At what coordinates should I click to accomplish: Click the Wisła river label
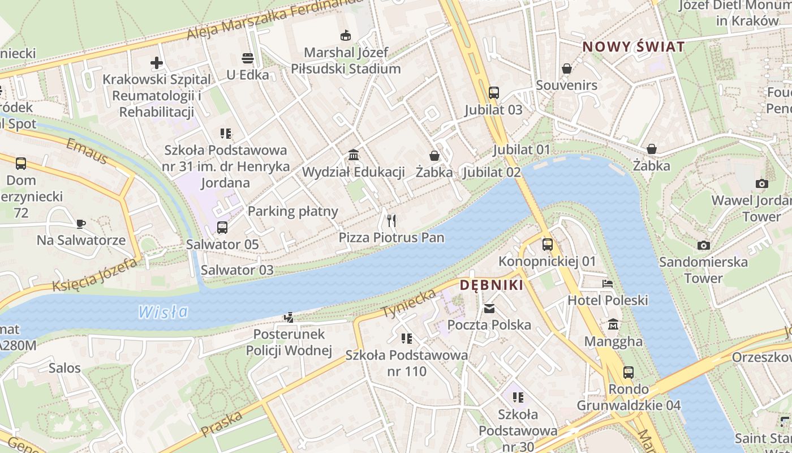[x=163, y=311]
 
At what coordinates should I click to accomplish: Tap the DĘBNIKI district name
[x=491, y=285]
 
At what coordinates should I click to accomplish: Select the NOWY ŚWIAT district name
[x=634, y=46]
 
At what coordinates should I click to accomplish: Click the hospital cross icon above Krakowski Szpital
[x=157, y=62]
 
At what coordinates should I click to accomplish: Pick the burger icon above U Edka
[x=247, y=58]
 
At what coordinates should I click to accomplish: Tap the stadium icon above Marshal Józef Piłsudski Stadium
[x=345, y=36]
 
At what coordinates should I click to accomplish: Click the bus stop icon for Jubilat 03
[x=493, y=92]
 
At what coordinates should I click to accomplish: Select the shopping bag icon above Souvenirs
[x=566, y=69]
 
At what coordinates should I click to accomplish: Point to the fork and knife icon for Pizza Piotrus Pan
[x=391, y=220]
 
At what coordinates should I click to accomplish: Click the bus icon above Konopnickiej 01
[x=547, y=244]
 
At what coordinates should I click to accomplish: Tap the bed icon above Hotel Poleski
[x=608, y=283]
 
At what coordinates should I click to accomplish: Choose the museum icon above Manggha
[x=613, y=324]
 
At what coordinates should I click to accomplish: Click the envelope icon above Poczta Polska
[x=489, y=308]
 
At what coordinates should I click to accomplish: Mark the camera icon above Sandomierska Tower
[x=703, y=245]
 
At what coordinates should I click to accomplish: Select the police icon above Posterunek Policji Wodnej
[x=289, y=317]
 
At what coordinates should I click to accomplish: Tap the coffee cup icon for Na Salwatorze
[x=81, y=223]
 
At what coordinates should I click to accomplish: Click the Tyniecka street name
[x=408, y=303]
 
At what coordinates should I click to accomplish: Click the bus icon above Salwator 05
[x=222, y=228]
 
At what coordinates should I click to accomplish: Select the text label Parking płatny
[x=292, y=212]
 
